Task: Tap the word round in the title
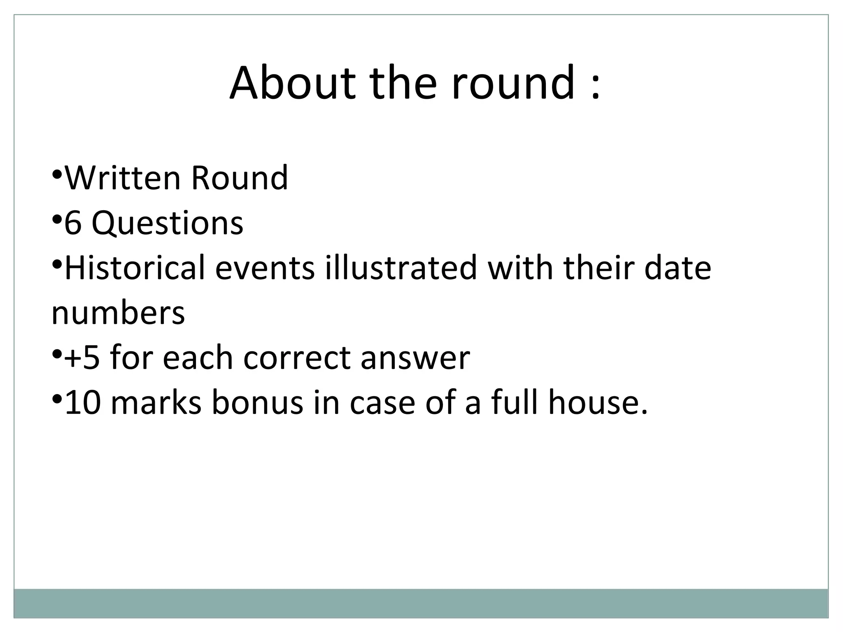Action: click(x=513, y=83)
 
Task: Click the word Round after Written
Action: click(x=240, y=178)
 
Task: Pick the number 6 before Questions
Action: click(x=73, y=223)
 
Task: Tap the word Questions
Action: click(x=167, y=223)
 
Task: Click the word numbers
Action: click(x=118, y=313)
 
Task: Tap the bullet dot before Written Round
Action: click(x=57, y=173)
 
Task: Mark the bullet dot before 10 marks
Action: click(x=57, y=398)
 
